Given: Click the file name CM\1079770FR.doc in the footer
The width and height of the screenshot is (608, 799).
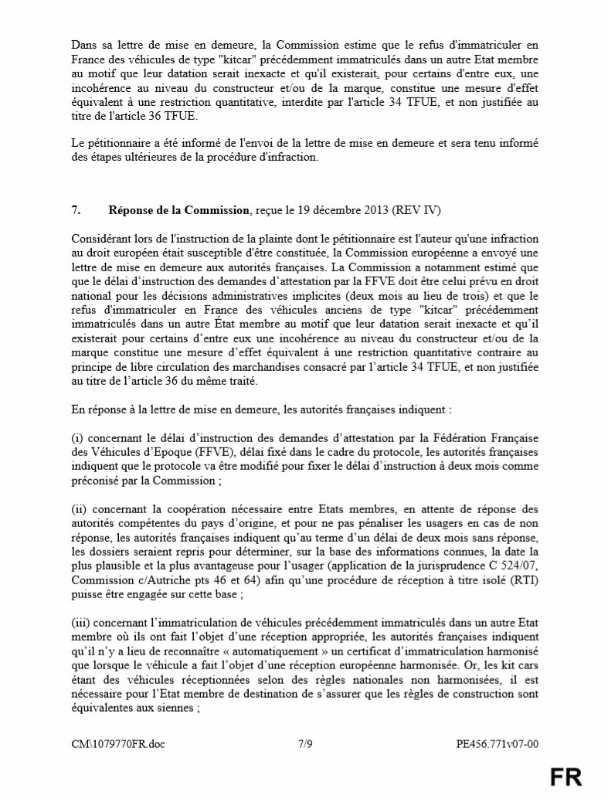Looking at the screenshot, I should [x=117, y=744].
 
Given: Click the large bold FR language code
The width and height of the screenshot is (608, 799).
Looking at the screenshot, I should [x=566, y=777].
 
